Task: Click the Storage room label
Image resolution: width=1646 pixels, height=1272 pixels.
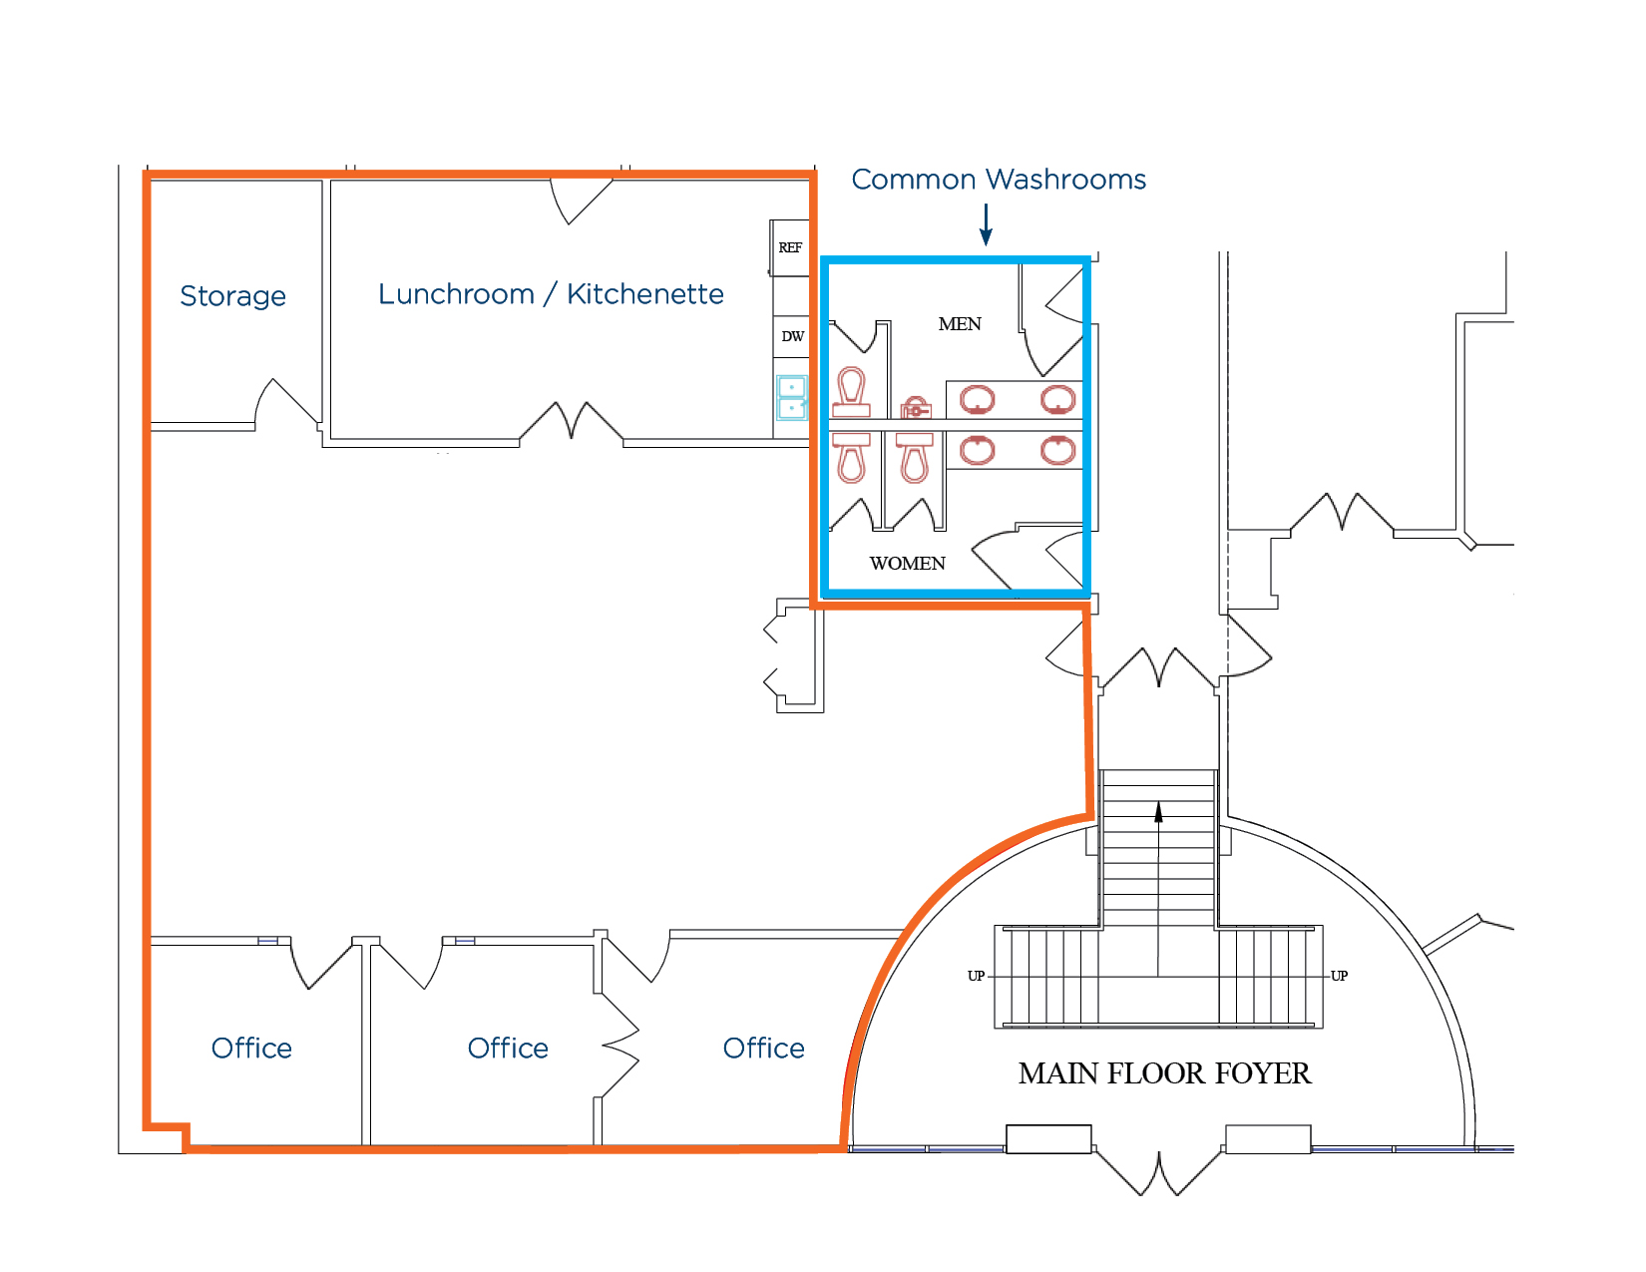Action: tap(232, 296)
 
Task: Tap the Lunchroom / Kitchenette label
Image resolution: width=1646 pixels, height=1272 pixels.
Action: tap(551, 294)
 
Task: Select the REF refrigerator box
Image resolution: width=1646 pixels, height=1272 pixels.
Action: tap(790, 247)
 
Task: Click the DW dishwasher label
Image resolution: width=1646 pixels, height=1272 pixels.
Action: tap(792, 336)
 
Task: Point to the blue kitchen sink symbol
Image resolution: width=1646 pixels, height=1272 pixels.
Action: tap(791, 398)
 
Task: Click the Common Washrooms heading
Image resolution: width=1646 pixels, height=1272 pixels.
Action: tap(999, 180)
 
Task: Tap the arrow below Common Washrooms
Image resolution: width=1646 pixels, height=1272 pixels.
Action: tap(986, 224)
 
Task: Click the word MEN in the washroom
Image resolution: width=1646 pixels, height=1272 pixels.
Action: tap(960, 324)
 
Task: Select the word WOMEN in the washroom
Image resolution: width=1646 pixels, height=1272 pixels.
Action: tap(908, 564)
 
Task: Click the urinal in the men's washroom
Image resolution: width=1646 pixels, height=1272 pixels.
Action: tap(915, 408)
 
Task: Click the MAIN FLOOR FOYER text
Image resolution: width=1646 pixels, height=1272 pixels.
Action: tap(1164, 1073)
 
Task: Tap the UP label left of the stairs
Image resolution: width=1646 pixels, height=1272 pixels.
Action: tap(976, 976)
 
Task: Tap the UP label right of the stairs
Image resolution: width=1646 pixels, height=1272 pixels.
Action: tap(1339, 976)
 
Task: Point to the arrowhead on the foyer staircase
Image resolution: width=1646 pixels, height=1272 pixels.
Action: tap(1158, 812)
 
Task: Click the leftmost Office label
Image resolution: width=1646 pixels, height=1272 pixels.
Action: tap(251, 1049)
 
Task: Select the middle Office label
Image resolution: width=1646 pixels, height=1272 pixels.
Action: tap(508, 1049)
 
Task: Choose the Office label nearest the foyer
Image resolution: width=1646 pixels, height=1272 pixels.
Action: tap(763, 1049)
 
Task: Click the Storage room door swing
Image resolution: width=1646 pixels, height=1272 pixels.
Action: tap(286, 401)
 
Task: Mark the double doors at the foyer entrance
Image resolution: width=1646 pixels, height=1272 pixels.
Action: tap(1159, 1173)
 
